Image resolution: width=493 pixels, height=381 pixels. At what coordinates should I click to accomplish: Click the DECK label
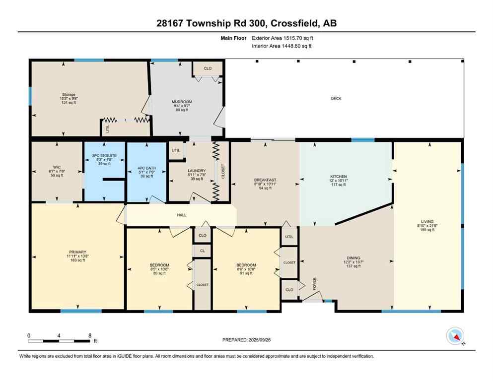(x=336, y=98)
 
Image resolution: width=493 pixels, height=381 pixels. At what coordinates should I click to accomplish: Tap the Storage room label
(x=69, y=94)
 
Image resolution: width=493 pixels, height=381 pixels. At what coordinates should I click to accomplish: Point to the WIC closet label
(x=57, y=166)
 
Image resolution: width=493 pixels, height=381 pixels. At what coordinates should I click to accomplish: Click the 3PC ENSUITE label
(x=105, y=155)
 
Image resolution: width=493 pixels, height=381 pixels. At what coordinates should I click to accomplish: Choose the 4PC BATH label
(x=147, y=168)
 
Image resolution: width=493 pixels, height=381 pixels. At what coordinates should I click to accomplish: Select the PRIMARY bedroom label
(x=77, y=252)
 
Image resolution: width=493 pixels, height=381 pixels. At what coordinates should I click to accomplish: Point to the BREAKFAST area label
(x=265, y=180)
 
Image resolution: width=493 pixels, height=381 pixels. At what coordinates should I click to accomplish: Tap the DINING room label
(x=353, y=258)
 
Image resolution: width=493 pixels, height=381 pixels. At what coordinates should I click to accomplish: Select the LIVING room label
(x=427, y=222)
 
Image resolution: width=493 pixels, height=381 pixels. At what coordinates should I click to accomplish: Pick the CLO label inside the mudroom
(x=208, y=68)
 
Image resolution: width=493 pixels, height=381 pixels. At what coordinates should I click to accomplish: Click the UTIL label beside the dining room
(x=289, y=237)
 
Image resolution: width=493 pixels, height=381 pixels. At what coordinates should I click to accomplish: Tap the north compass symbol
(x=455, y=337)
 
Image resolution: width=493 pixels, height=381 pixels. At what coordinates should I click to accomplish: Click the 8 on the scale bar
(x=89, y=335)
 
